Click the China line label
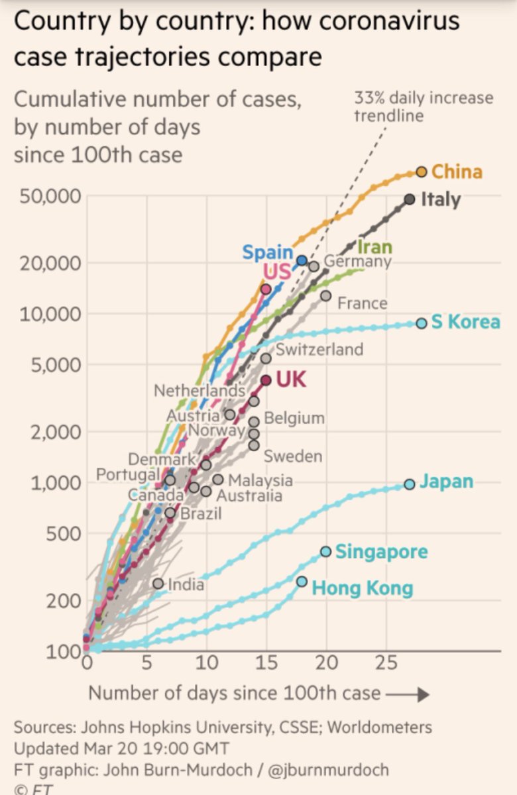click(x=457, y=172)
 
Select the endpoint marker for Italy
click(x=410, y=199)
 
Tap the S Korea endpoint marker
click(x=422, y=323)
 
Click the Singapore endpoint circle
click(x=325, y=551)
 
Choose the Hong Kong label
click(x=362, y=588)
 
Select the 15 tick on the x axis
click(x=266, y=662)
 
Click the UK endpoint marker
click(x=266, y=380)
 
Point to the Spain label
click(x=267, y=252)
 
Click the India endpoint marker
click(x=158, y=584)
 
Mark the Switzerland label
click(x=319, y=349)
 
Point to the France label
click(x=362, y=303)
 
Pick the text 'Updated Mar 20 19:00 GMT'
click(x=121, y=749)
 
